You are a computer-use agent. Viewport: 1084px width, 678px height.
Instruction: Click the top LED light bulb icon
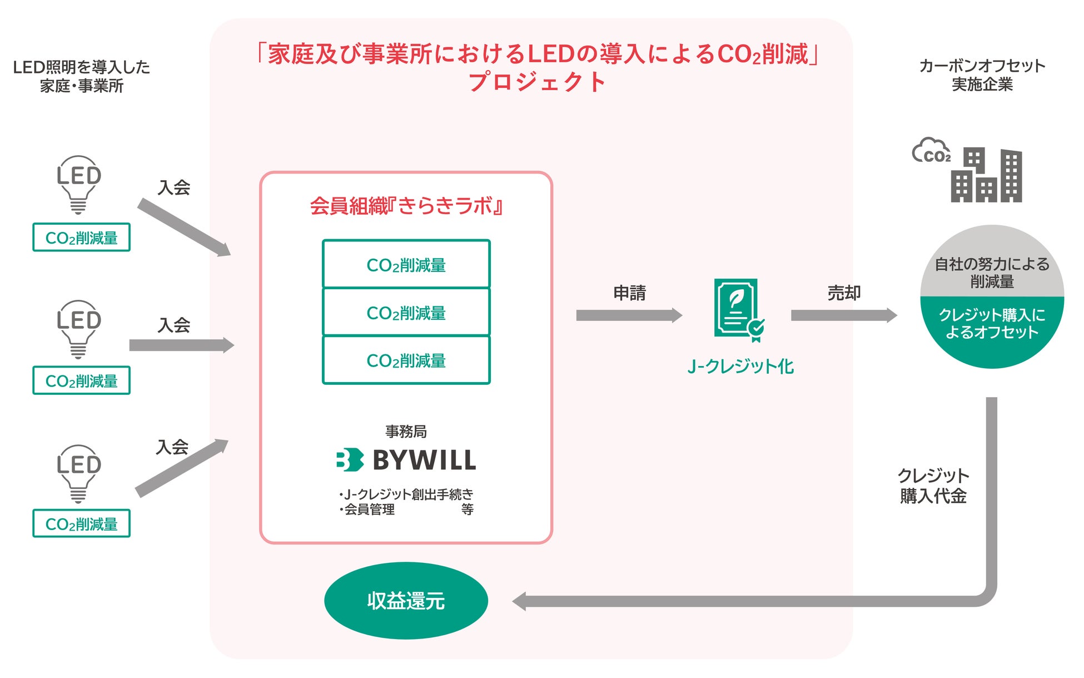pyautogui.click(x=78, y=184)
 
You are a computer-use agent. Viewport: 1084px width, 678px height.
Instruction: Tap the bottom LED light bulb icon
pyautogui.click(x=78, y=473)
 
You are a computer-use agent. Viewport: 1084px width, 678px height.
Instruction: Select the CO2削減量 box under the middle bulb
pyautogui.click(x=81, y=381)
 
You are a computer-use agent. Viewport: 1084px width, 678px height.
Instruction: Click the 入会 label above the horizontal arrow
pyautogui.click(x=174, y=325)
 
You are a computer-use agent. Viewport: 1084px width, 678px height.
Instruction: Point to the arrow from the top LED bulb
pyautogui.click(x=184, y=228)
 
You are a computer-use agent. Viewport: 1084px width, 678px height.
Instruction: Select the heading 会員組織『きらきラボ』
pyautogui.click(x=406, y=206)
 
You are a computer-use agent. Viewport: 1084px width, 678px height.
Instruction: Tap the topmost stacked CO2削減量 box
pyautogui.click(x=406, y=265)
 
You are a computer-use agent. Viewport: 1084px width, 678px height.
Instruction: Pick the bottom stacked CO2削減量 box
pyautogui.click(x=406, y=360)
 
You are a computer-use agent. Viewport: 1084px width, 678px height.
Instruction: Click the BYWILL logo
pyautogui.click(x=406, y=460)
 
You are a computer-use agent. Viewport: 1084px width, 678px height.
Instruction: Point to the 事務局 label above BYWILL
pyautogui.click(x=406, y=431)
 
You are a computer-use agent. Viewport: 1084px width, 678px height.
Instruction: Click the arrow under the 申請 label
pyautogui.click(x=629, y=315)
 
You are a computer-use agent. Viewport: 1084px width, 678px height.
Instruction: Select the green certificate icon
pyautogui.click(x=738, y=309)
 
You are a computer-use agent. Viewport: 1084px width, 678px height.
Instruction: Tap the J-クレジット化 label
pyautogui.click(x=740, y=367)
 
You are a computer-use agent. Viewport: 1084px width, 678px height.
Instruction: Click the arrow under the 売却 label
pyautogui.click(x=843, y=315)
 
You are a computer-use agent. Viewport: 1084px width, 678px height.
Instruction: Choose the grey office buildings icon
pyautogui.click(x=986, y=175)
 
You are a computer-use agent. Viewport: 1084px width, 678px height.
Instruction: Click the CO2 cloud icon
pyautogui.click(x=932, y=151)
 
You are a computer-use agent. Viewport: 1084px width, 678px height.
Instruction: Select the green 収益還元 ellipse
pyautogui.click(x=406, y=601)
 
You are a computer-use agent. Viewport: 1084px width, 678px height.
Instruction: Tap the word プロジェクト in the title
pyautogui.click(x=536, y=82)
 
